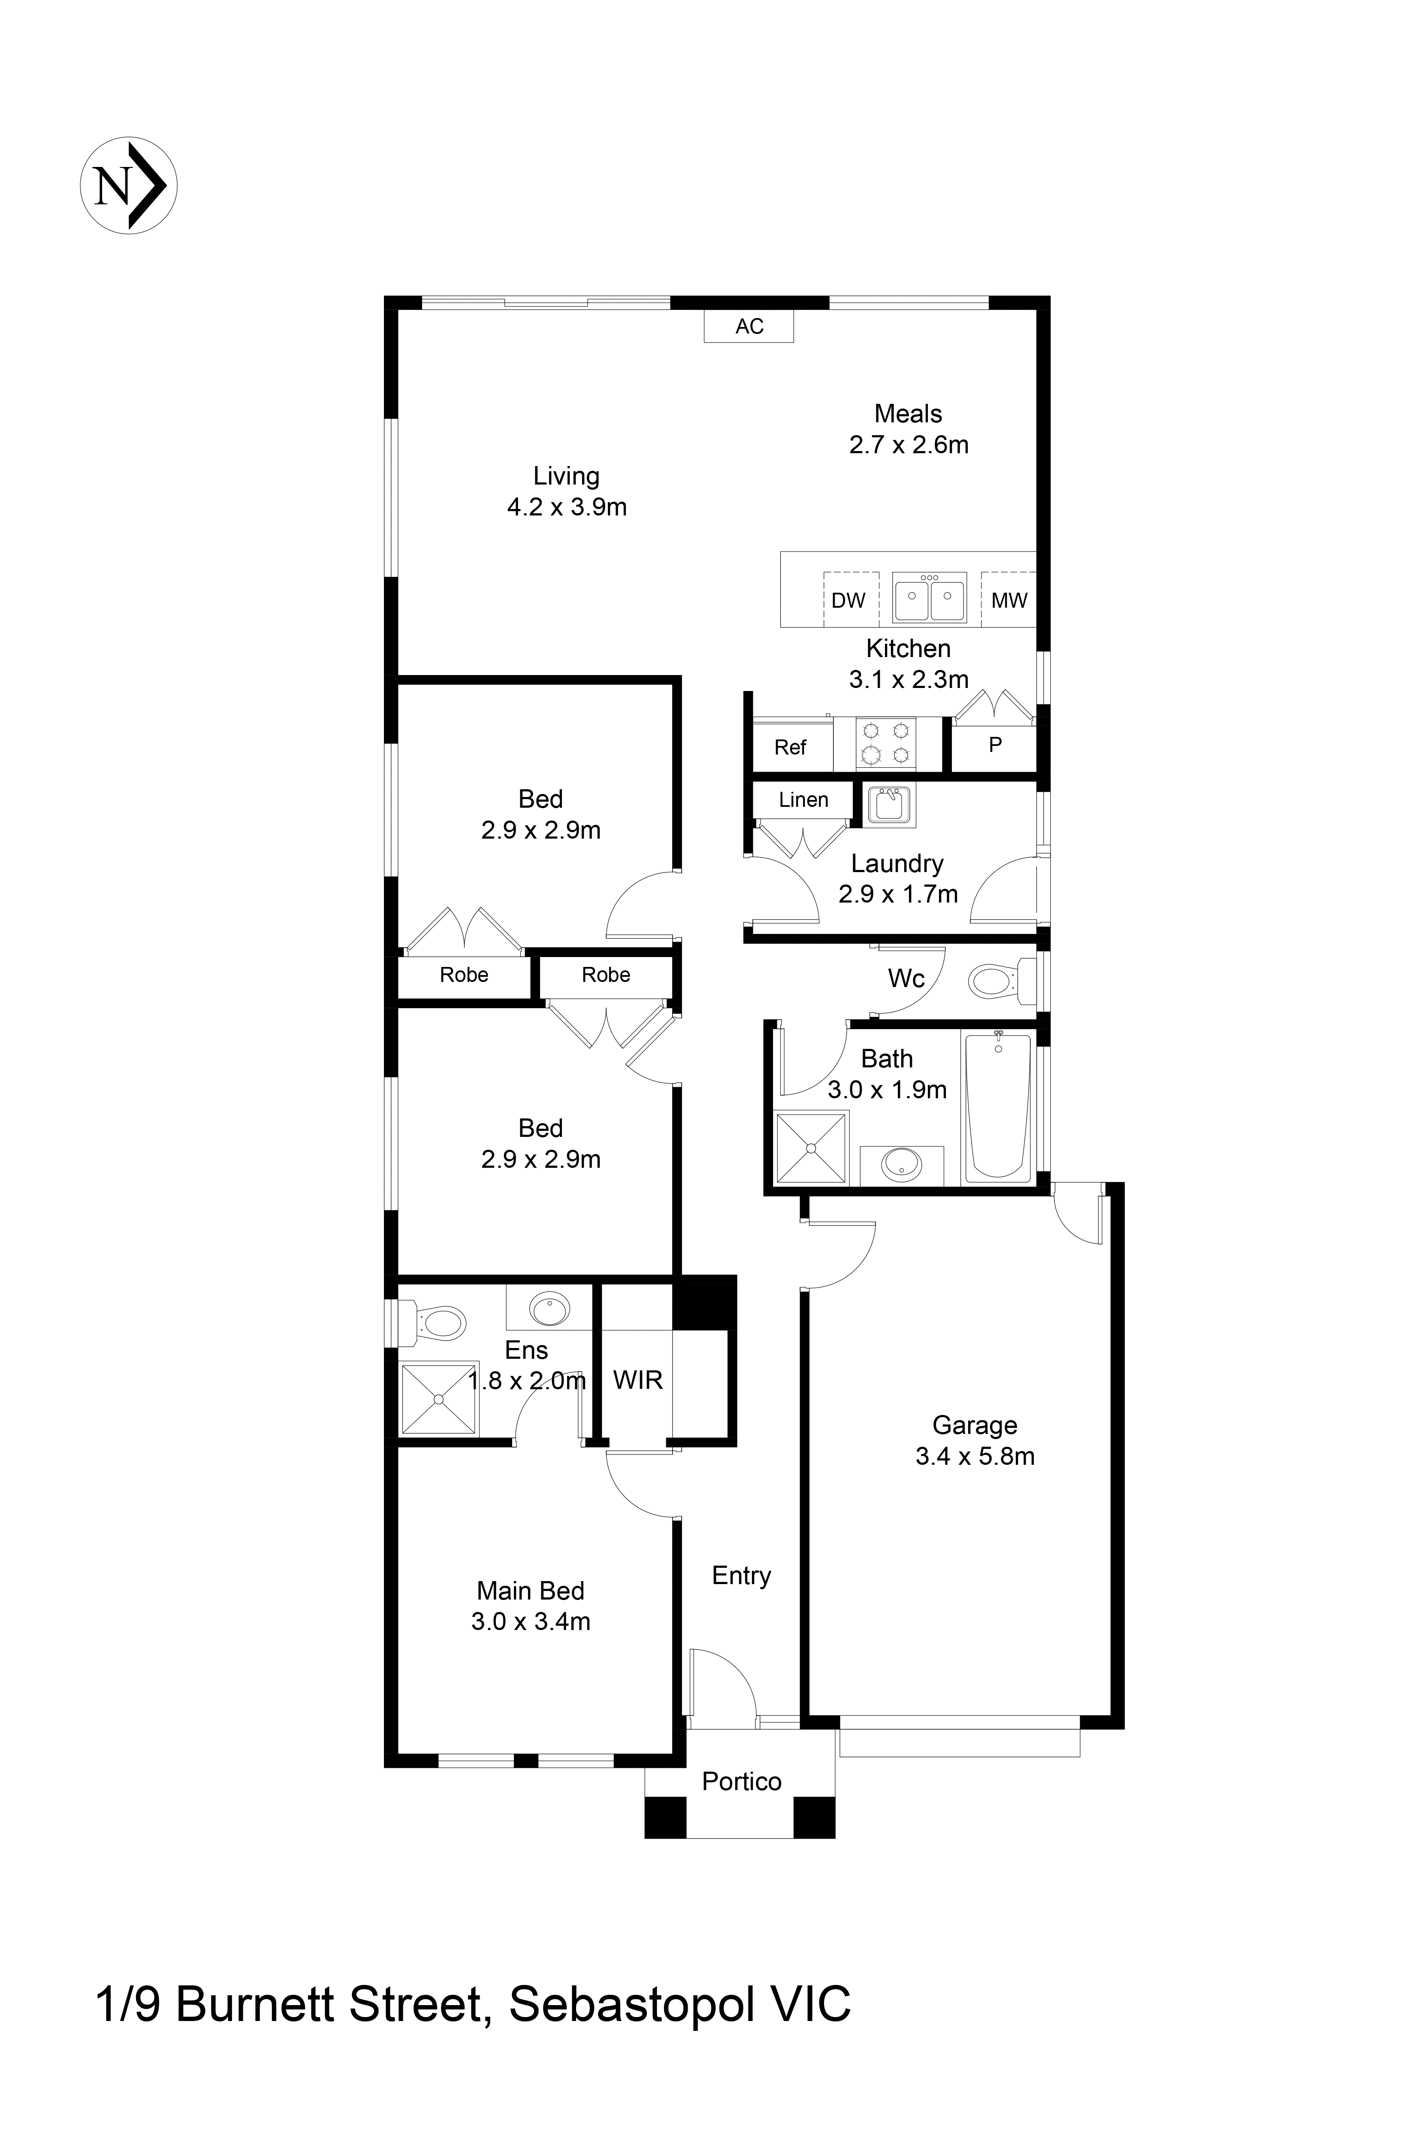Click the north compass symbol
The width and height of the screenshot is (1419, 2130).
129,185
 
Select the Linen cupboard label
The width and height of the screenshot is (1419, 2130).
803,800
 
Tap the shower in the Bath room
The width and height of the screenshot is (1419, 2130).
811,1148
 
